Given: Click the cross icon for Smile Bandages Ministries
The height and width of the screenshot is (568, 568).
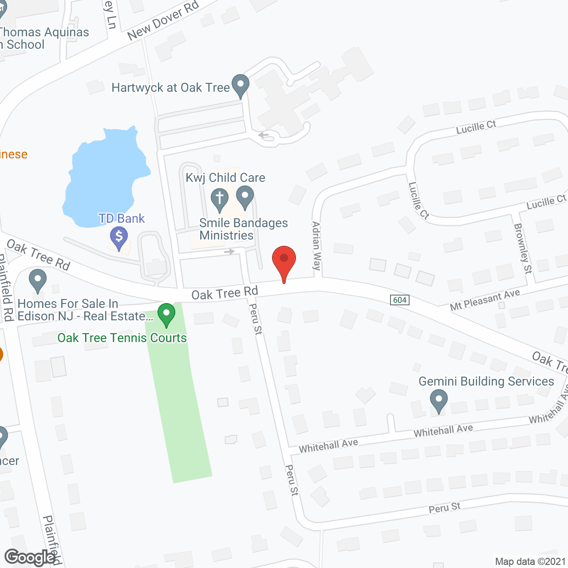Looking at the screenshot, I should coord(219,198).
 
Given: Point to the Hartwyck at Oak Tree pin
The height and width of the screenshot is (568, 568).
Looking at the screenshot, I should coord(241,85).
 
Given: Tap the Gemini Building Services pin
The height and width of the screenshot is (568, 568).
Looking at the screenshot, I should coord(438,400).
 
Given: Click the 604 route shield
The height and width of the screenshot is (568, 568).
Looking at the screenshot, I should coord(400,300).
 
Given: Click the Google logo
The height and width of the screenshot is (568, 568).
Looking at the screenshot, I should coord(30,557).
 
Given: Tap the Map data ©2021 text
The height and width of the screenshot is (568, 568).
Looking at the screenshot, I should coord(530,561).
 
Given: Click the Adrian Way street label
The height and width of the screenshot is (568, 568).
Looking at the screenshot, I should coord(316,246).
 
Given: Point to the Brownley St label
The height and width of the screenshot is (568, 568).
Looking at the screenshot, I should coord(523,248).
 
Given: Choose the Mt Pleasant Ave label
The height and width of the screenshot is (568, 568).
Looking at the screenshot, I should coord(485,300).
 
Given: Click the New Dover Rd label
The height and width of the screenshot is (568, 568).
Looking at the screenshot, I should coord(163,20).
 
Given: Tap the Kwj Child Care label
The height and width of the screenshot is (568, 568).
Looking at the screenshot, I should coord(225,177).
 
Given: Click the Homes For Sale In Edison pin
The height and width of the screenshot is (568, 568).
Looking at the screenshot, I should coord(38,281).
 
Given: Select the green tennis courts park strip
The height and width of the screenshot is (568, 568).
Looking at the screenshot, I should coord(180,399).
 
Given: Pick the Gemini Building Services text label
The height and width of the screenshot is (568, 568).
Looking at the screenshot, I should coord(486,381).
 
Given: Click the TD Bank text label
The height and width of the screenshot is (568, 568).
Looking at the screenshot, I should coord(122,218).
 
